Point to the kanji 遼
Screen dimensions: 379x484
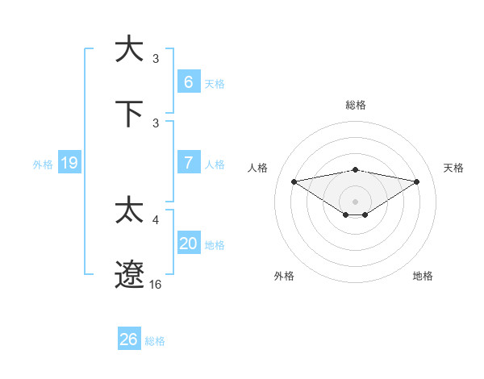pos(129,274)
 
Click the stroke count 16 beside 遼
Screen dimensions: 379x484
pos(156,285)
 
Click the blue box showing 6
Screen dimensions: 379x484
pos(188,81)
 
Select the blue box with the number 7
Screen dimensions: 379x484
pos(188,162)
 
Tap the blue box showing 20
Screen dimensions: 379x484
pos(188,244)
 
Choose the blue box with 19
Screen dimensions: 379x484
pos(69,163)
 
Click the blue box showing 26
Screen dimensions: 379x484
pos(128,339)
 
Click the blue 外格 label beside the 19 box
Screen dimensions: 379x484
pos(43,165)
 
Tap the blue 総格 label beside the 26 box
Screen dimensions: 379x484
pos(155,341)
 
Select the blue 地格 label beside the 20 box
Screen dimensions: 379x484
pos(215,245)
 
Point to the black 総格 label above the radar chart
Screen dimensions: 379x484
pos(355,105)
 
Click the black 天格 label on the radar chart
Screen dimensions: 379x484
pos(453,168)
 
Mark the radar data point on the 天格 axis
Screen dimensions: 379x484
pos(417,181)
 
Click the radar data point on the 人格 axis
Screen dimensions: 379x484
pos(294,181)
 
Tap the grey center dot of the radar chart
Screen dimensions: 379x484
pos(355,201)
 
